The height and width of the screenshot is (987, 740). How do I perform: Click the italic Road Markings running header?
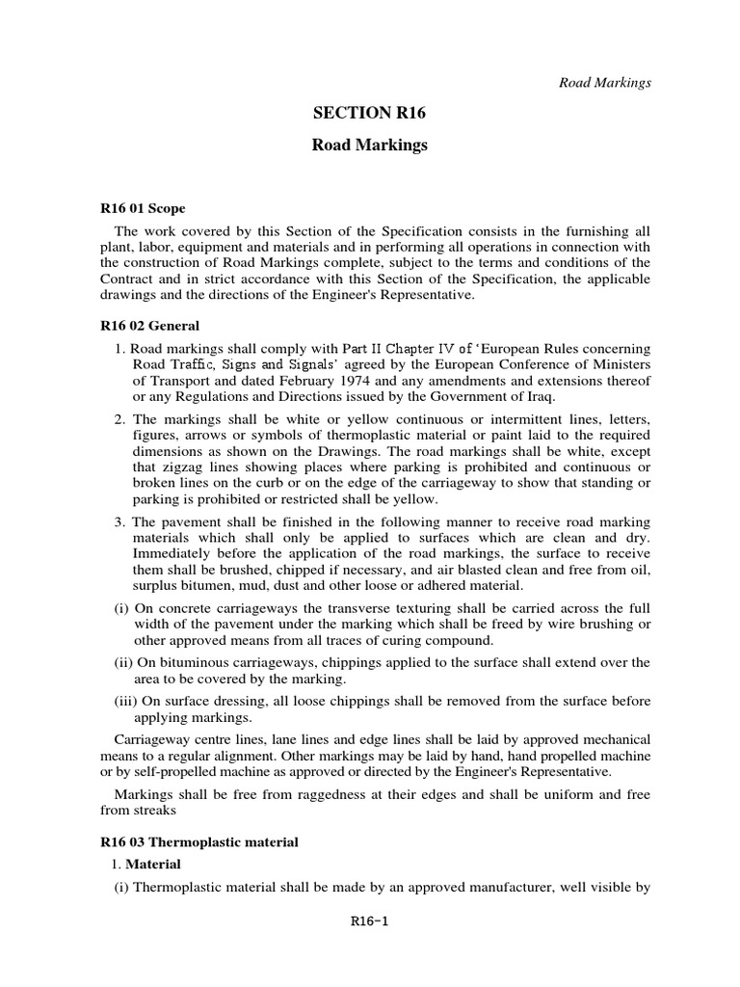click(x=605, y=82)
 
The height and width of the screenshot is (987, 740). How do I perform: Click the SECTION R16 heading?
click(x=369, y=114)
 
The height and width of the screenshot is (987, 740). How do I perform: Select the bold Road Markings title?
click(x=369, y=146)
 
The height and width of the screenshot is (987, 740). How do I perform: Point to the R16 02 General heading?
click(x=149, y=327)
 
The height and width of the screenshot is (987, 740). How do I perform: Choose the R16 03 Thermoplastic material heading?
click(x=199, y=841)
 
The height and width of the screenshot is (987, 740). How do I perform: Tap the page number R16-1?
click(x=369, y=921)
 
